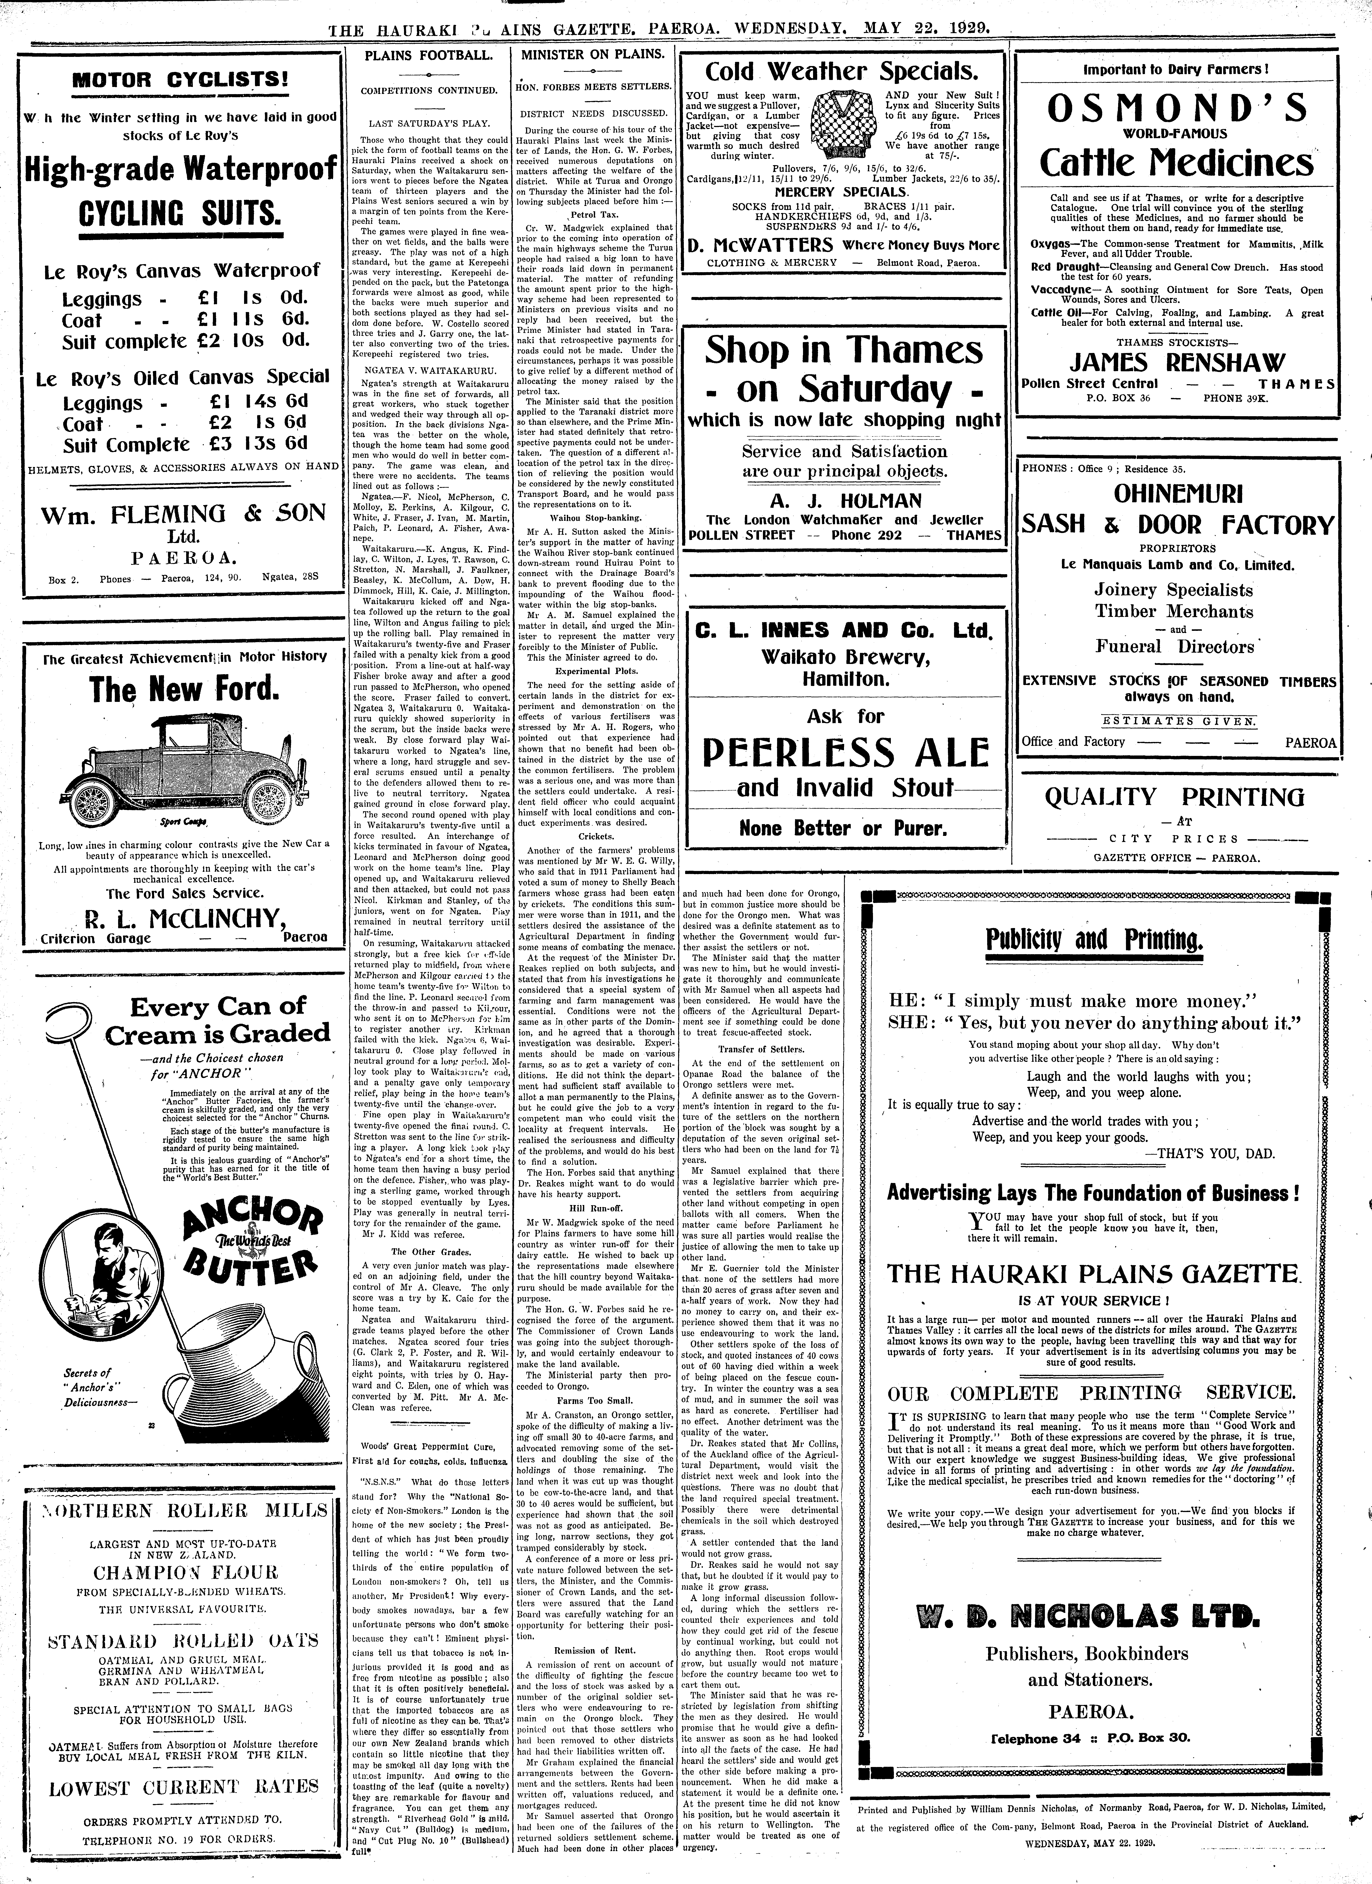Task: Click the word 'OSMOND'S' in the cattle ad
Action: coord(1178,108)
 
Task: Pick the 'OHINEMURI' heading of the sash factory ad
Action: coord(1178,494)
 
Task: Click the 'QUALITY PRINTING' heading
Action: coord(1174,798)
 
